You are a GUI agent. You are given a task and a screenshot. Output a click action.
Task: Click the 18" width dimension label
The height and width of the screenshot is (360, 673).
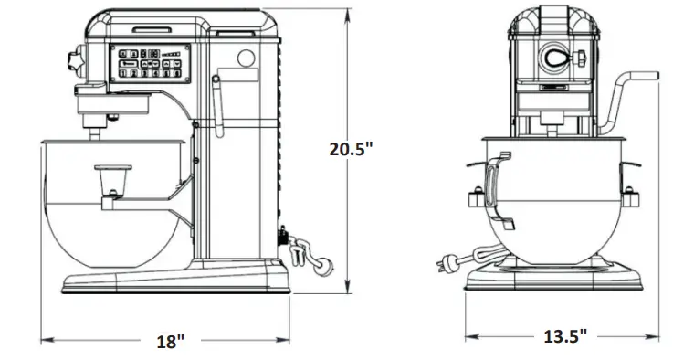click(170, 341)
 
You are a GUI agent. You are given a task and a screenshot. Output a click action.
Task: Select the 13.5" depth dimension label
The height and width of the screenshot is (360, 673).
click(565, 335)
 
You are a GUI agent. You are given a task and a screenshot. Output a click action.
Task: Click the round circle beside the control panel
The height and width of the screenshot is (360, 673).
click(245, 59)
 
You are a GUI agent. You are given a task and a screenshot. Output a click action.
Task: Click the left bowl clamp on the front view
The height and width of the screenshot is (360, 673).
click(477, 197)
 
